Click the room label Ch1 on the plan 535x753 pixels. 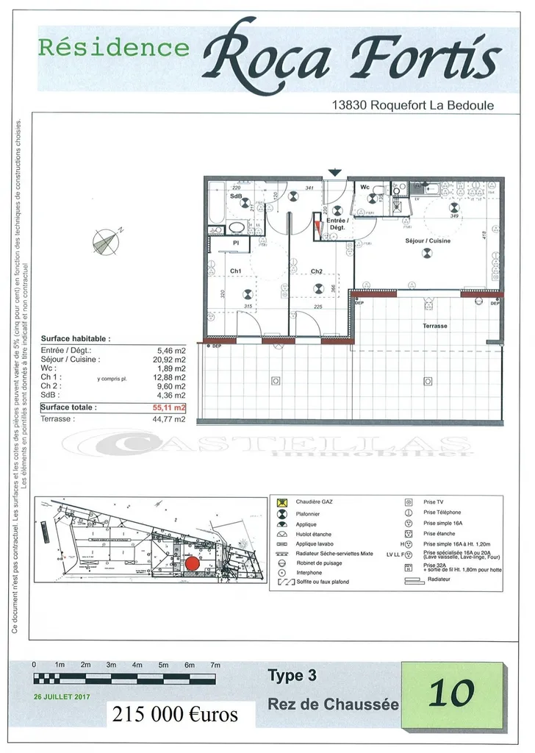(236, 271)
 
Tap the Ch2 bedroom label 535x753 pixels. (317, 271)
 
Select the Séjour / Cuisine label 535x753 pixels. (428, 241)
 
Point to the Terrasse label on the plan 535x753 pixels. (435, 326)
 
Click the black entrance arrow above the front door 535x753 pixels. (335, 172)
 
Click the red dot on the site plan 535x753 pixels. (192, 563)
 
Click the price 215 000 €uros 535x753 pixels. (174, 713)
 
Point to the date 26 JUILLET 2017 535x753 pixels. (61, 696)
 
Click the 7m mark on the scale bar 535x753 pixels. (215, 664)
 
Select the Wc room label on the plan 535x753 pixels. (365, 188)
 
